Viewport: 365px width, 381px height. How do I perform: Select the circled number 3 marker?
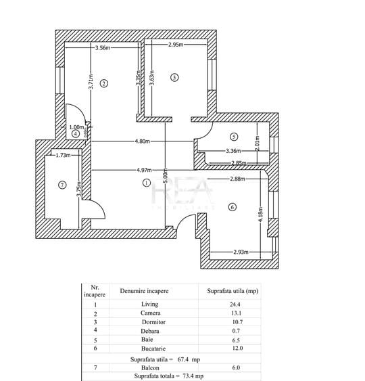coord(174,78)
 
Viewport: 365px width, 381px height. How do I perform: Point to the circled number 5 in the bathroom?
coord(233,136)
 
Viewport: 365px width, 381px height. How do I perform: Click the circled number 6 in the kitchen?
coord(232,207)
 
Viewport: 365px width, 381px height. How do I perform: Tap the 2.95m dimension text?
coord(176,45)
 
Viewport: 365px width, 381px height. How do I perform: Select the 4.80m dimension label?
coord(141,141)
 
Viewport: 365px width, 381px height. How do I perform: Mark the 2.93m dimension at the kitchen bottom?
coord(243,252)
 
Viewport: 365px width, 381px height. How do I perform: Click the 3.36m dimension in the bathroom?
coord(233,151)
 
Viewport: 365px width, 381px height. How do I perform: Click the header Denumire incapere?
coord(144,291)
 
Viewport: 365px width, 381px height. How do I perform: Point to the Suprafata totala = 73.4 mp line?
coord(168,376)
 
